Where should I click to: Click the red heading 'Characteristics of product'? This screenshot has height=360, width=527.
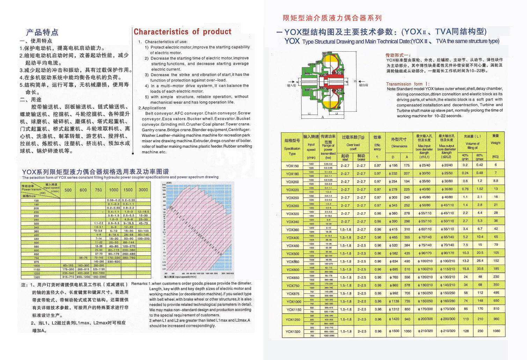(182, 32)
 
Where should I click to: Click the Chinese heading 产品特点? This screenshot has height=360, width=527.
(42, 32)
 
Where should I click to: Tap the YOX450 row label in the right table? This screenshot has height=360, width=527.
(292, 245)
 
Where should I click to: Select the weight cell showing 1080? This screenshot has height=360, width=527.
(496, 331)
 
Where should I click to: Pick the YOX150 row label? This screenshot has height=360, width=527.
(292, 166)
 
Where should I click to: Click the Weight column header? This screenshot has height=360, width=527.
(495, 142)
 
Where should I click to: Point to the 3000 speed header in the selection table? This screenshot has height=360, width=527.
(143, 190)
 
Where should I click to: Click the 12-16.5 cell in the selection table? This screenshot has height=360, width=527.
(143, 212)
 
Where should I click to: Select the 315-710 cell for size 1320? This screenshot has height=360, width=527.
(68, 277)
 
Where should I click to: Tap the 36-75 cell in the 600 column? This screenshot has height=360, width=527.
(83, 258)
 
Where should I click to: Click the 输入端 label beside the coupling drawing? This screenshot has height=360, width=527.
(291, 85)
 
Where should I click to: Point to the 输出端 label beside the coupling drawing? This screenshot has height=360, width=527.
(364, 85)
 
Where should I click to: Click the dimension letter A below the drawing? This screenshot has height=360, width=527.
(323, 117)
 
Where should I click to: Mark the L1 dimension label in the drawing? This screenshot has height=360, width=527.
(309, 114)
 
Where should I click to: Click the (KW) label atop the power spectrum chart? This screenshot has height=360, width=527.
(169, 183)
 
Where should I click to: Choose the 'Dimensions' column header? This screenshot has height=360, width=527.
(399, 146)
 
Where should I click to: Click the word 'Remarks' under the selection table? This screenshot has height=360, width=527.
(139, 284)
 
